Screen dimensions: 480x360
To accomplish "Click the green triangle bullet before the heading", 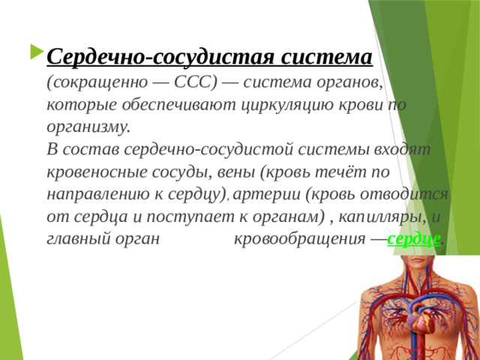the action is point(37,52).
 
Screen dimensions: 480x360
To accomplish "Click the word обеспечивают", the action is point(179,105).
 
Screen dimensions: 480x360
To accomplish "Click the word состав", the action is point(91,150).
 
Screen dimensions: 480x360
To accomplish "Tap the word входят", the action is point(402,149).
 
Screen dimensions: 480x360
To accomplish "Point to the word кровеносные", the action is point(97,172).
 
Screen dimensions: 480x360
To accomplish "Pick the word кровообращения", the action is point(300,239).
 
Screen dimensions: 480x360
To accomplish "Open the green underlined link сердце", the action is point(414,239).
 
